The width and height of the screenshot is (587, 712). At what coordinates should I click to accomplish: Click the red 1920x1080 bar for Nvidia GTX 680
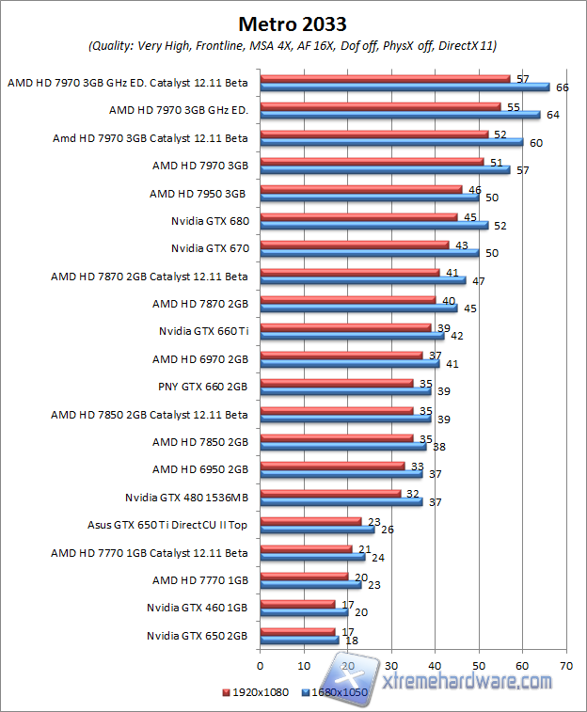click(358, 217)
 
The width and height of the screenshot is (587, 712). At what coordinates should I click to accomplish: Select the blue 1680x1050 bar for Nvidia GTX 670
click(370, 253)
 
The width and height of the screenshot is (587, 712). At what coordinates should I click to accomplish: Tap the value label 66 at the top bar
click(563, 87)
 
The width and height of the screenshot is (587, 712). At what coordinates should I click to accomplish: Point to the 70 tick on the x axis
click(566, 666)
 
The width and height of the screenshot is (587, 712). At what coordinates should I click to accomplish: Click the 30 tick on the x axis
click(391, 666)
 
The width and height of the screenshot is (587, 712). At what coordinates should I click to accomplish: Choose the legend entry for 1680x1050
click(337, 692)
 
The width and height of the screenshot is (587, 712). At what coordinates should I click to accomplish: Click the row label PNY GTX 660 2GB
click(202, 386)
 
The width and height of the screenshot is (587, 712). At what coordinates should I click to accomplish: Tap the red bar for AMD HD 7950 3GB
click(360, 190)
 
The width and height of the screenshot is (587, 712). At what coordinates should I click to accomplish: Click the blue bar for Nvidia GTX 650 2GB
click(299, 641)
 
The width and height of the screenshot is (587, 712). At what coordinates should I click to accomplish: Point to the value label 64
click(553, 116)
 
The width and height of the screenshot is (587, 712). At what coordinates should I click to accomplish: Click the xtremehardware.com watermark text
click(468, 679)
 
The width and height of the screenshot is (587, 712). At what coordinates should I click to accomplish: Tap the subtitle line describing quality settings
click(293, 45)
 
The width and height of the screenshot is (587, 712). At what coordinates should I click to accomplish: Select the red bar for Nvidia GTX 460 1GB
click(296, 604)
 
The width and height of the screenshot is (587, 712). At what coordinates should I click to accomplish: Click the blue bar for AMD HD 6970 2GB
click(349, 363)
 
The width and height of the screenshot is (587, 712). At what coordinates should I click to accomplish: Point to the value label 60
click(535, 143)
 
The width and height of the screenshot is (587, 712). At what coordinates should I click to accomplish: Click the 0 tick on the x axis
click(261, 666)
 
